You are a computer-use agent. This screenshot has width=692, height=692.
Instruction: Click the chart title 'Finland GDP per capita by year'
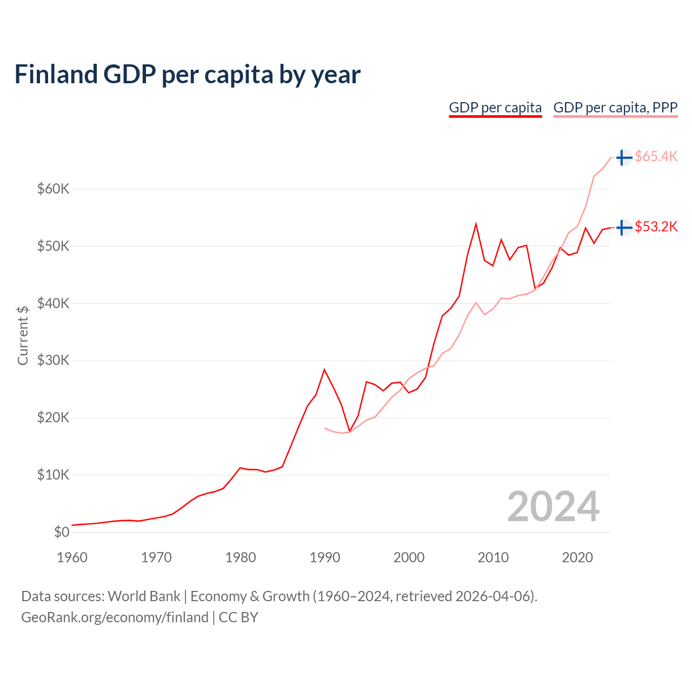pyautogui.click(x=187, y=75)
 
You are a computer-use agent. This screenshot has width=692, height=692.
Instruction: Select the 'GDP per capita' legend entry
pyautogui.click(x=495, y=108)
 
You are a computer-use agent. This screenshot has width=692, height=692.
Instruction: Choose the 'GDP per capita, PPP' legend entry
pyautogui.click(x=615, y=108)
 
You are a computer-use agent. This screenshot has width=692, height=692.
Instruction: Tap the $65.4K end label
pyautogui.click(x=656, y=157)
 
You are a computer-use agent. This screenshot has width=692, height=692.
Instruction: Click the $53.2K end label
pyautogui.click(x=656, y=227)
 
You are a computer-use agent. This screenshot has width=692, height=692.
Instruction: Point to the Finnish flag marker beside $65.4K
pyautogui.click(x=624, y=158)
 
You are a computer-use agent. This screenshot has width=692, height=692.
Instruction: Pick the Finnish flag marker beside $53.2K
pyautogui.click(x=624, y=228)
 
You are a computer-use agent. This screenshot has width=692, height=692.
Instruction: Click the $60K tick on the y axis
pyautogui.click(x=53, y=189)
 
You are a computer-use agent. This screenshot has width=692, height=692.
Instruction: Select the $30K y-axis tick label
pyautogui.click(x=53, y=361)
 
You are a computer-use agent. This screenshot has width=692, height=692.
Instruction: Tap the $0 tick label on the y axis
pyautogui.click(x=62, y=533)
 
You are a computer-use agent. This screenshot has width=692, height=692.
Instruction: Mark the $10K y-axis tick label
pyautogui.click(x=53, y=475)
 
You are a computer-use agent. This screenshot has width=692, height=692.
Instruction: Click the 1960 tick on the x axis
pyautogui.click(x=72, y=557)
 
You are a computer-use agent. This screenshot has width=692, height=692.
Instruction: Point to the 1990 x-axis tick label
pyautogui.click(x=324, y=557)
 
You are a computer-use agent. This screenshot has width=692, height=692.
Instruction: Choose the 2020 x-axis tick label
pyautogui.click(x=577, y=557)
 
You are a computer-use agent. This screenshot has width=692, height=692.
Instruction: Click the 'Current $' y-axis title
pyautogui.click(x=23, y=335)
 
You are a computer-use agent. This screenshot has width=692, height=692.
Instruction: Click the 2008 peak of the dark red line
pyautogui.click(x=476, y=224)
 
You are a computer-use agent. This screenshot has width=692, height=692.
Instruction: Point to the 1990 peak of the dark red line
pyautogui.click(x=324, y=370)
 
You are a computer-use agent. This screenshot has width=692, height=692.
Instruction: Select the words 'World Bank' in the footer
pyautogui.click(x=144, y=596)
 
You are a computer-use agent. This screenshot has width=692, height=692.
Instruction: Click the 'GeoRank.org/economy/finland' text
pyautogui.click(x=115, y=617)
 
